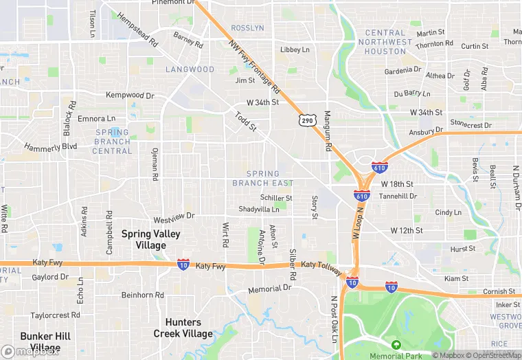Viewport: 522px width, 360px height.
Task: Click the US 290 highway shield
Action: [306, 120]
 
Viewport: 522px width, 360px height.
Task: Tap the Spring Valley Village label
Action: [150, 239]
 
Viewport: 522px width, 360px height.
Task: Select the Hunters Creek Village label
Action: [183, 328]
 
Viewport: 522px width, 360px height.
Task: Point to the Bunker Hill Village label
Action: [45, 341]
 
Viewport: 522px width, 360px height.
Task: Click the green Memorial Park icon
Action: [396, 344]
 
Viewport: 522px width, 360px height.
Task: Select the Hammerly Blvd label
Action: [50, 147]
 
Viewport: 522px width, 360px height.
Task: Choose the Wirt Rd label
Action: [225, 235]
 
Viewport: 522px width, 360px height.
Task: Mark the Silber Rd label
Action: [293, 264]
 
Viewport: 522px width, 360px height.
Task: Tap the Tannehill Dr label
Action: [398, 196]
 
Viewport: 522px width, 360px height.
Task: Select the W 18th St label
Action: [396, 184]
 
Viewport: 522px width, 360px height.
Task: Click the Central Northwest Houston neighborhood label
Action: [385, 42]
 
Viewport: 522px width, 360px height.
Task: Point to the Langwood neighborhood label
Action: [190, 69]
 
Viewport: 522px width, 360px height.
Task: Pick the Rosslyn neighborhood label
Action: [248, 28]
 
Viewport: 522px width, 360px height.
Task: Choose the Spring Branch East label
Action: [262, 179]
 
